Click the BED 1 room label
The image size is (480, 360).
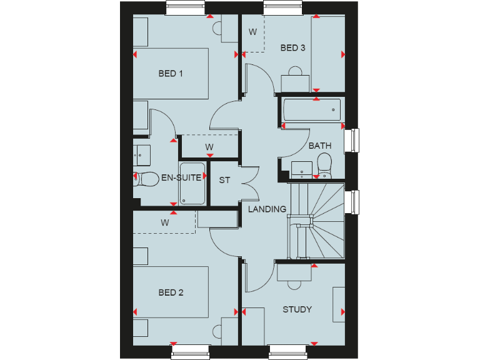170,74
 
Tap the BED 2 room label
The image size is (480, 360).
170,292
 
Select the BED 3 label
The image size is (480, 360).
292,48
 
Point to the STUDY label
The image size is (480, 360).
297,309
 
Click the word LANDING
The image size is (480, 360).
267,209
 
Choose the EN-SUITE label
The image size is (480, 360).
181,177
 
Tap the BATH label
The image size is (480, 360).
320,146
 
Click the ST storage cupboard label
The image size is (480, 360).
224,181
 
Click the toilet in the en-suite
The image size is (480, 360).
146,179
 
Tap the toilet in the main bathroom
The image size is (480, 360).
324,166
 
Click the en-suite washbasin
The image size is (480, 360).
140,152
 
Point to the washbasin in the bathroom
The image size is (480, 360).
302,167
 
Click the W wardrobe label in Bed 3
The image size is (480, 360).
253,32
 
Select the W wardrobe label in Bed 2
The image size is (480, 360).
165,222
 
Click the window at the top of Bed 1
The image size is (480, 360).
187,7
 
